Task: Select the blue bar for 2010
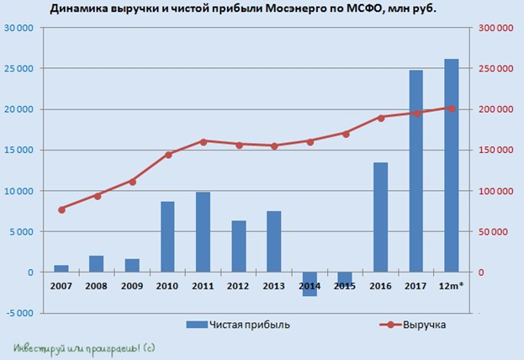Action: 168,236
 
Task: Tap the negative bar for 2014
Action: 310,284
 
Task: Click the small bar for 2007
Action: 61,268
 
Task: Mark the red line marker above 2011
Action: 204,141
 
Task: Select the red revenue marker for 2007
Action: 61,209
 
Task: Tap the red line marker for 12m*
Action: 452,109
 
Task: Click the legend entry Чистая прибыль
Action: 231,324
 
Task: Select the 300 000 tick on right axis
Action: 495,28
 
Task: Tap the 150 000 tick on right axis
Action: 495,150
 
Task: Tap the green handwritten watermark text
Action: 84,347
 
